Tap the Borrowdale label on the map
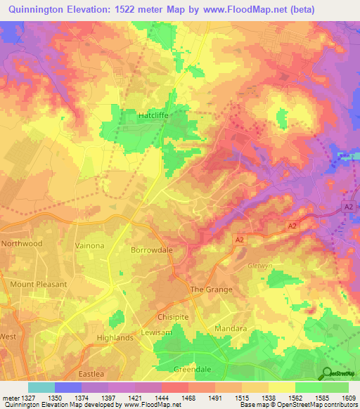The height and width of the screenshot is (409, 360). click(x=152, y=249)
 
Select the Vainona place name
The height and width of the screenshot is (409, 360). click(x=89, y=245)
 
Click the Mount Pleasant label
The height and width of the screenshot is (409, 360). click(x=39, y=285)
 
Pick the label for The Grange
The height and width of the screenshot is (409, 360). click(x=212, y=290)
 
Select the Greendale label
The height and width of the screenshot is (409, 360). click(x=192, y=368)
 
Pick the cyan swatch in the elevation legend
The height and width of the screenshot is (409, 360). click(x=41, y=387)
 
